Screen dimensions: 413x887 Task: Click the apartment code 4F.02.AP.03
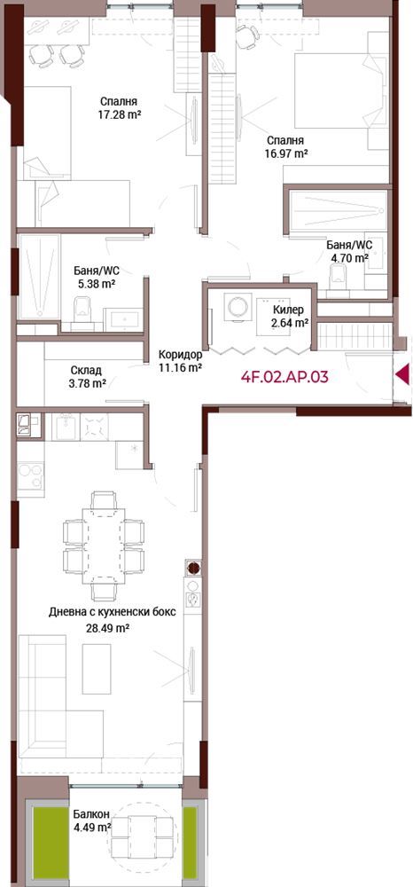click(x=284, y=377)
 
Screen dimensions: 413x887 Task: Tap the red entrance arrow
click(x=402, y=374)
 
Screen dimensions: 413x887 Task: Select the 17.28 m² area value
click(x=120, y=114)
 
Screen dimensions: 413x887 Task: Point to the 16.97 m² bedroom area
click(x=286, y=153)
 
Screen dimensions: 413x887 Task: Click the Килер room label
click(x=288, y=310)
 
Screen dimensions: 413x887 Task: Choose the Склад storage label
click(x=87, y=371)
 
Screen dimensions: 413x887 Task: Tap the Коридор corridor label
click(x=180, y=356)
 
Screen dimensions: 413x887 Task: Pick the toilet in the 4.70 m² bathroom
click(x=339, y=277)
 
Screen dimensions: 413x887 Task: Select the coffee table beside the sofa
click(x=97, y=669)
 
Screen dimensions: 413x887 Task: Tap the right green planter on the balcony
click(x=190, y=838)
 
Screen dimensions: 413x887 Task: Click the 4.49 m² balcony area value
click(x=92, y=828)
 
